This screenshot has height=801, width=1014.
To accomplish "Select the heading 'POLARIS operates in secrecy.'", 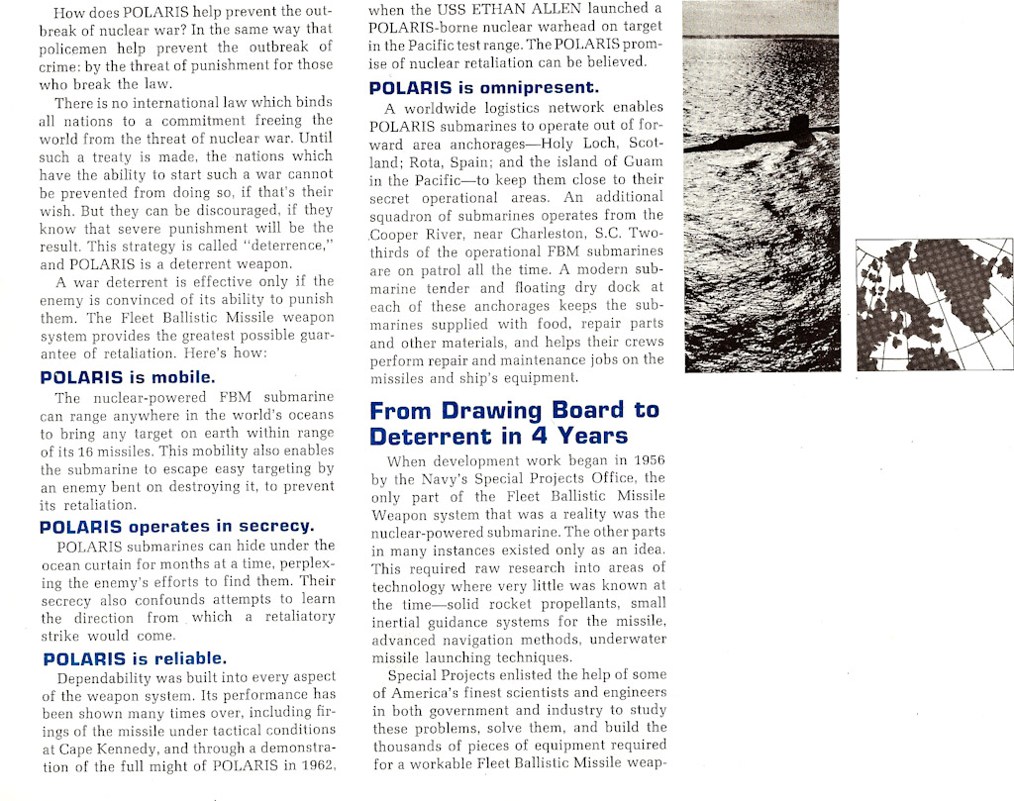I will click(176, 526).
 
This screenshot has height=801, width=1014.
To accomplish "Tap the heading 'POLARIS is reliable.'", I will click(135, 658).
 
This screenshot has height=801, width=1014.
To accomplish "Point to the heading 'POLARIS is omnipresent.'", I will click(483, 87).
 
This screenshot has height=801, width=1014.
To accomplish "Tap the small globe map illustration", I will click(934, 304).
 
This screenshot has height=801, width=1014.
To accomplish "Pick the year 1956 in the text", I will click(646, 460).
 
